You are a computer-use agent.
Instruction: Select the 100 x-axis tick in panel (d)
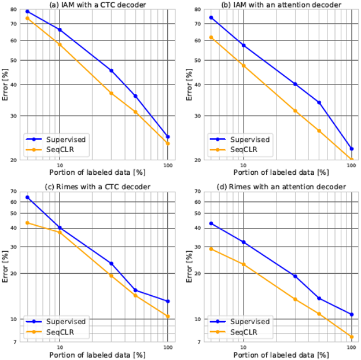click(351, 347)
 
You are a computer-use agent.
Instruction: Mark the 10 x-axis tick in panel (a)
click(60, 165)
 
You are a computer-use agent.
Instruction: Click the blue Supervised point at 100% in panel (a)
click(168, 137)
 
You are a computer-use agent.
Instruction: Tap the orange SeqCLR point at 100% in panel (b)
click(351, 160)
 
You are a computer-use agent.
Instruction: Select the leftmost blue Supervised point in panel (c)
click(27, 197)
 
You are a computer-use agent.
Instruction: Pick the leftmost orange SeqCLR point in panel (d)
click(211, 249)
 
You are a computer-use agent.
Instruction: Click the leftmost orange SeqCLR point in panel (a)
click(27, 19)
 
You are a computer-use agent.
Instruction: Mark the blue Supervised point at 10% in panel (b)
click(244, 45)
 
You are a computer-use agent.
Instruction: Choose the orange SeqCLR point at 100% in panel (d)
click(351, 337)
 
